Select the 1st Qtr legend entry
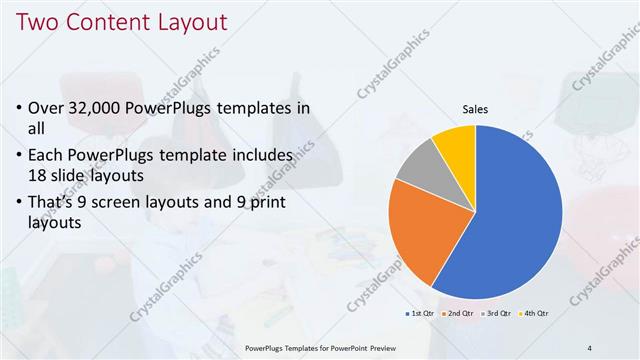(x=420, y=314)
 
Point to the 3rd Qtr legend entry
(x=498, y=314)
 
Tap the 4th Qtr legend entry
(x=536, y=314)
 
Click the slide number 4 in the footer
(x=590, y=347)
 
